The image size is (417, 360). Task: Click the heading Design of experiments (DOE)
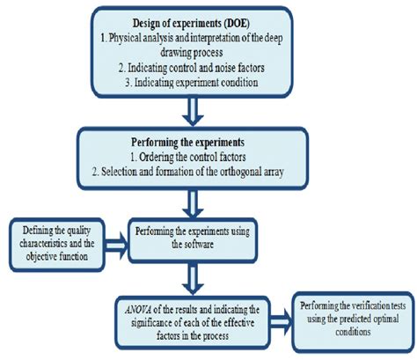pyautogui.click(x=191, y=24)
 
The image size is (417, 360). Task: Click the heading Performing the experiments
pyautogui.click(x=187, y=143)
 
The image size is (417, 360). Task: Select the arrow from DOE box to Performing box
pyautogui.click(x=193, y=112)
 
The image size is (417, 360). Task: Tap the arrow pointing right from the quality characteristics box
pyautogui.click(x=116, y=246)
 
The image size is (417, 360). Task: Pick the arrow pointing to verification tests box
pyautogui.click(x=281, y=322)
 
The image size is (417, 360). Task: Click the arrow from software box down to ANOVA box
pyautogui.click(x=193, y=278)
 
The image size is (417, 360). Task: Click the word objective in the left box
pyautogui.click(x=40, y=257)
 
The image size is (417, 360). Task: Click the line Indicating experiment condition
pyautogui.click(x=192, y=83)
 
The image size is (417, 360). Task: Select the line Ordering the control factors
pyautogui.click(x=188, y=158)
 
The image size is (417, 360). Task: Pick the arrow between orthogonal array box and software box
pyautogui.click(x=193, y=204)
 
